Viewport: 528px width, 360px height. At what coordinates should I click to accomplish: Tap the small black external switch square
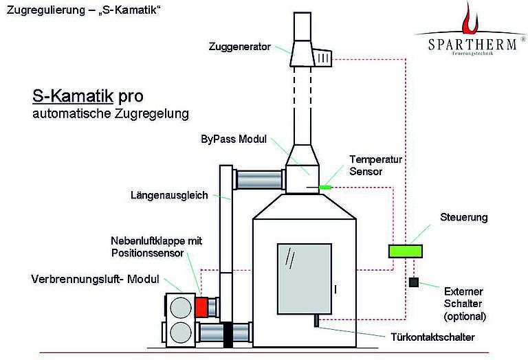pyautogui.click(x=413, y=282)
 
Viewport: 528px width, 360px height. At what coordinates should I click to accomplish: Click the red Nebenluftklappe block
pyautogui.click(x=201, y=307)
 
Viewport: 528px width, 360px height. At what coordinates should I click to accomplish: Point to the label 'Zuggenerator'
pyautogui.click(x=239, y=47)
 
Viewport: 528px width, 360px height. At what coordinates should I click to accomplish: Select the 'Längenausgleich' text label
pyautogui.click(x=168, y=195)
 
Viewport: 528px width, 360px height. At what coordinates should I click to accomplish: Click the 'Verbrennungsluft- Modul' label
pyautogui.click(x=95, y=280)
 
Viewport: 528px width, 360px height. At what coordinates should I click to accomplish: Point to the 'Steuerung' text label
pyautogui.click(x=463, y=217)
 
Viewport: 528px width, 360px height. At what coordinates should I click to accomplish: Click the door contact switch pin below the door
pyautogui.click(x=315, y=320)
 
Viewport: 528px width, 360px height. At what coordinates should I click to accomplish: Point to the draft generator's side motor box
pyautogui.click(x=323, y=58)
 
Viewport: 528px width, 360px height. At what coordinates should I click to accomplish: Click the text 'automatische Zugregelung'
pyautogui.click(x=110, y=112)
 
